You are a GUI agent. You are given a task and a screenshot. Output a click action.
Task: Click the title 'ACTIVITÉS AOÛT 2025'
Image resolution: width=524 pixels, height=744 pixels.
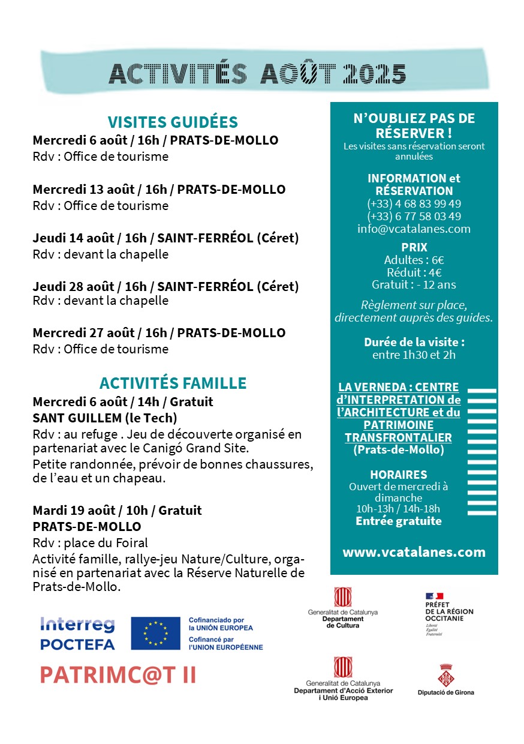[x=257, y=74]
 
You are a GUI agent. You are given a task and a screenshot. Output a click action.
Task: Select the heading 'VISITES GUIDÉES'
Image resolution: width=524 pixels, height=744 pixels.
[x=173, y=122]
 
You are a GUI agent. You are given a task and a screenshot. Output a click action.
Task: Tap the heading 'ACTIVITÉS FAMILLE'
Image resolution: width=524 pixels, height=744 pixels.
[x=173, y=383]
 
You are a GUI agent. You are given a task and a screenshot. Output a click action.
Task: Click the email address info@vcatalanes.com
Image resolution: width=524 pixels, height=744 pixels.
[x=414, y=229]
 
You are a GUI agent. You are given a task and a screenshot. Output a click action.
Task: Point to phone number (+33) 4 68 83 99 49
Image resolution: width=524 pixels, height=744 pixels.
[x=414, y=203]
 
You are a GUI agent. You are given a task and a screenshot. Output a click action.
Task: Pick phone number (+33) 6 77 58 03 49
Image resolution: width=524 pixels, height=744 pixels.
[x=414, y=216]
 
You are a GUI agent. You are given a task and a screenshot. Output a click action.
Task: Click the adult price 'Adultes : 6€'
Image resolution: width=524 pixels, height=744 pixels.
[x=414, y=260]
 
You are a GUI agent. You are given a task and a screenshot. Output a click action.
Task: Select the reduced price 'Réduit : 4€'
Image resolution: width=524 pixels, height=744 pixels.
[x=414, y=272]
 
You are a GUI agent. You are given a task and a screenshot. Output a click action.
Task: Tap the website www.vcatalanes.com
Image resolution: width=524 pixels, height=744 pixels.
[x=414, y=552]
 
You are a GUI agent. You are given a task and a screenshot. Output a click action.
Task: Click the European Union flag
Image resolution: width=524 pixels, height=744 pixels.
[x=155, y=634]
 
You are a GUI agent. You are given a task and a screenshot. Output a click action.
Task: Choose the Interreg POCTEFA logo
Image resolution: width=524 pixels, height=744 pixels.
[x=77, y=634]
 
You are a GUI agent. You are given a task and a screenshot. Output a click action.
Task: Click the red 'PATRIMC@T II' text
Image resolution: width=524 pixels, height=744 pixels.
[x=118, y=675]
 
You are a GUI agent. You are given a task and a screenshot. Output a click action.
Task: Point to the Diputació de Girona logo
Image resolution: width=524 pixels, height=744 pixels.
[x=445, y=679]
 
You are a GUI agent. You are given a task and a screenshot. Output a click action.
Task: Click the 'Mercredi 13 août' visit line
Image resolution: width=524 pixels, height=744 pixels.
[x=159, y=190]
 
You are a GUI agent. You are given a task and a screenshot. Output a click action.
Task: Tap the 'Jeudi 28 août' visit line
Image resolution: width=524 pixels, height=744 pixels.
[x=165, y=287]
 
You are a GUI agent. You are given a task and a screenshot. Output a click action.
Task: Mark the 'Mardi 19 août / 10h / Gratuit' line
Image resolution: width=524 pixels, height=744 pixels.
[x=117, y=511]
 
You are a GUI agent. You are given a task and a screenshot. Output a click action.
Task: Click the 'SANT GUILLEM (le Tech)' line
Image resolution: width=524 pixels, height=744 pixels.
[x=105, y=418]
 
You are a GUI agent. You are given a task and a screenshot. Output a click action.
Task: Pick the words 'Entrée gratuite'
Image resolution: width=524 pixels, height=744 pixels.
[x=399, y=521]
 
